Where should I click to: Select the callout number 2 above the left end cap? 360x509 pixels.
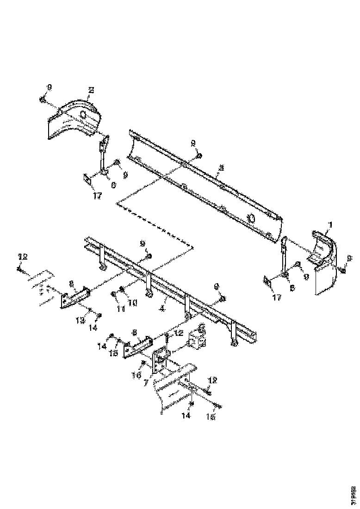point(91,92)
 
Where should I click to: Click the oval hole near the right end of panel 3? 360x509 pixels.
point(251,217)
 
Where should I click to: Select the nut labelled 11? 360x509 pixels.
point(114,293)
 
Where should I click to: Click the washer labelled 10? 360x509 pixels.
point(122,290)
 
